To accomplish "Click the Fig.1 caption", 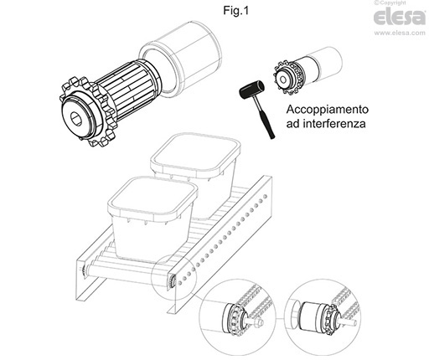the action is pos(235,11).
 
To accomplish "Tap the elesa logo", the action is pos(400,18).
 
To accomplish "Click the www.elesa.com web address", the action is pos(400,33).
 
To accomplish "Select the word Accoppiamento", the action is pos(328,110).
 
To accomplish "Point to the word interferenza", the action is pos(334,123).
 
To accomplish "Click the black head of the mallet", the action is pos(252,90).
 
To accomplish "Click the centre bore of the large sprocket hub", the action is pos(75,116).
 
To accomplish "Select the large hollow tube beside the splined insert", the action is pos(180,59).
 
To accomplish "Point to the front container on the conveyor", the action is pos(152,219).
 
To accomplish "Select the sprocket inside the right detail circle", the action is pos(332,317).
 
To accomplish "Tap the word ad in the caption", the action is pos(292,123).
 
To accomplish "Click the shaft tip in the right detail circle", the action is pos(354,324).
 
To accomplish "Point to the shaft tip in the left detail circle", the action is pos(261,322).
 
